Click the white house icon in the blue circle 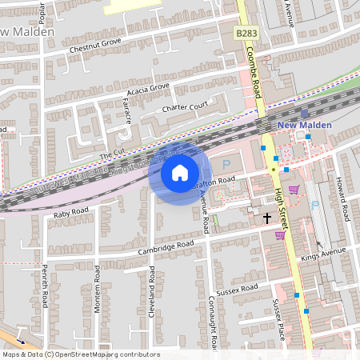pos(180,173)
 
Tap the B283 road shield pos(246,33)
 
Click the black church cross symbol pos(267,217)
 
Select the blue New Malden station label pos(304,126)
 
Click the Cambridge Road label pos(166,249)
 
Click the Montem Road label pos(98,289)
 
